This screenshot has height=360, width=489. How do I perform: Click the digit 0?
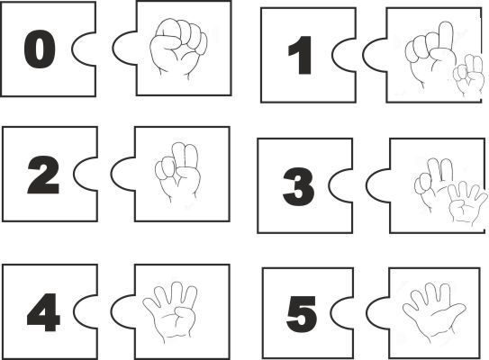tap(40, 49)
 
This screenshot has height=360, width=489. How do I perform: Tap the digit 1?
tap(300, 55)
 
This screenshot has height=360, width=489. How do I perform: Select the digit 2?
tap(43, 175)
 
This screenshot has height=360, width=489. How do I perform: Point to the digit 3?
tap(298, 186)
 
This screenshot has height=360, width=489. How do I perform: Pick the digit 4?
tap(43, 312)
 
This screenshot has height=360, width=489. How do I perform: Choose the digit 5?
tap(302, 314)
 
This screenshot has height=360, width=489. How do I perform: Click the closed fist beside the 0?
tap(178, 48)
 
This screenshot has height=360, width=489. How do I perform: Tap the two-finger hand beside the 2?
tap(177, 172)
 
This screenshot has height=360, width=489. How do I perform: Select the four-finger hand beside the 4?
tap(170, 311)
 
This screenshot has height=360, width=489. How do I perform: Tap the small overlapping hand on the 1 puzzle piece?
tap(468, 75)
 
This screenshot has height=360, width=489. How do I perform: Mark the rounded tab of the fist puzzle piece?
tap(124, 49)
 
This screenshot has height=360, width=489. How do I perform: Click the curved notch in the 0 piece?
tap(83, 49)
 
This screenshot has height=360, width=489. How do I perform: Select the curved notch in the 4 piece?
tap(85, 311)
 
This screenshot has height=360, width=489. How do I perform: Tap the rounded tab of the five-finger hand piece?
tap(377, 311)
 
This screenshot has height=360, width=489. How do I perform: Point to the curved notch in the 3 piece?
tap(340, 185)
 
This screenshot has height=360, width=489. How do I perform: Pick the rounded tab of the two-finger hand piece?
tap(122, 174)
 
